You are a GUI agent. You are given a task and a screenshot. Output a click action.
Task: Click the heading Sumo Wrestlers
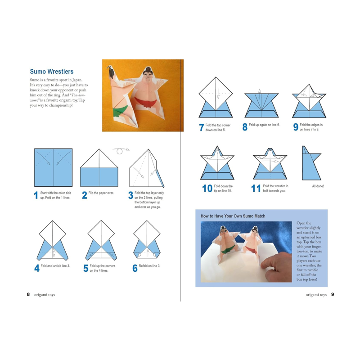(x=51, y=72)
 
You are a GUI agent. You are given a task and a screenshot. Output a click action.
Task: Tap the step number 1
(x=36, y=195)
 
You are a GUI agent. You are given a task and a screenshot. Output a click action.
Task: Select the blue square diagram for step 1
(x=53, y=167)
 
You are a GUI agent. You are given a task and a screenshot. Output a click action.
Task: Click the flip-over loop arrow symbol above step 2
(x=120, y=151)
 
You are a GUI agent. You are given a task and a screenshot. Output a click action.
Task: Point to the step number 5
(x=85, y=269)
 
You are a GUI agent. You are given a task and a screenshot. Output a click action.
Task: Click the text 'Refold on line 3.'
(x=149, y=266)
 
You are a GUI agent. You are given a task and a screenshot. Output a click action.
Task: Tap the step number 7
(x=201, y=128)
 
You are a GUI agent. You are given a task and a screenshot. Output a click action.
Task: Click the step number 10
(x=207, y=189)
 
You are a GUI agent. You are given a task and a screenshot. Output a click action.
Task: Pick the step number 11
(x=256, y=189)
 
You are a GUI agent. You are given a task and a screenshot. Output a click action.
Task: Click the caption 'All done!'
(x=318, y=186)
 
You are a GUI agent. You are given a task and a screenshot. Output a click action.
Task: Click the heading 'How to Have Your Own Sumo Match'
(x=233, y=216)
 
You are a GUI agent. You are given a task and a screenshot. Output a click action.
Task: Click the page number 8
(x=28, y=294)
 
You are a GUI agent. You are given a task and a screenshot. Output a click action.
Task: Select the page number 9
(x=333, y=294)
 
